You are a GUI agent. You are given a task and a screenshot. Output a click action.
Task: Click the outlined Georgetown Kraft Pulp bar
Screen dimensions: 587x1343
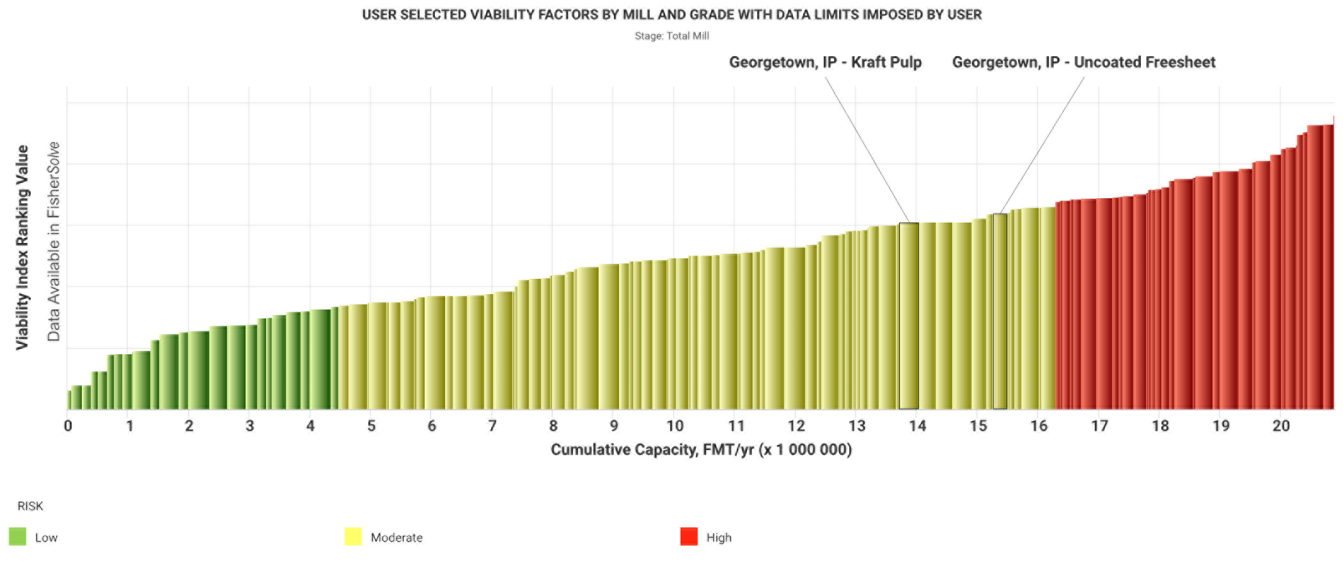point(909,316)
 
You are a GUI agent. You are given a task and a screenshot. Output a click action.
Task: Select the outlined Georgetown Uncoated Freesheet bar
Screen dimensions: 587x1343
point(1000,311)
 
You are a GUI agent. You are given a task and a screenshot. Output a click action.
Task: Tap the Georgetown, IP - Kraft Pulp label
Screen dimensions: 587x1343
point(825,62)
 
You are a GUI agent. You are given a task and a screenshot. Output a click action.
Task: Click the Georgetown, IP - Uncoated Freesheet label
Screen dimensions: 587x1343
point(1083,62)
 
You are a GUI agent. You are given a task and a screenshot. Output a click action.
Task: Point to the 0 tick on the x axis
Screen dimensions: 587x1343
point(68,426)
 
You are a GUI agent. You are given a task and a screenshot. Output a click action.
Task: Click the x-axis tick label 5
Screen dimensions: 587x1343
point(372,426)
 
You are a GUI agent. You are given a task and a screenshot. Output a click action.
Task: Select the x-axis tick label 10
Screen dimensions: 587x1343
point(675,426)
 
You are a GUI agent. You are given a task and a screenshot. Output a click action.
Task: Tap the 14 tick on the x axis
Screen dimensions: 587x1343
point(917,426)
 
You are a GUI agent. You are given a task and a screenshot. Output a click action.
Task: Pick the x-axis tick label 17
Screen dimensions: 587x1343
point(1099,426)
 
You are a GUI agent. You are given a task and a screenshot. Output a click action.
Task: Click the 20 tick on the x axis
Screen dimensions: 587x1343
point(1281,426)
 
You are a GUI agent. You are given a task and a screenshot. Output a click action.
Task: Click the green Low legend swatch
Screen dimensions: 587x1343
point(18,536)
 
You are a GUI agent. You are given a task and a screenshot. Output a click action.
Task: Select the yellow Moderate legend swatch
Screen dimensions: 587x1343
point(353,536)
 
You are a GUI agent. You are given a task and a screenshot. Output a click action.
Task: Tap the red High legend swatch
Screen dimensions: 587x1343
point(689,536)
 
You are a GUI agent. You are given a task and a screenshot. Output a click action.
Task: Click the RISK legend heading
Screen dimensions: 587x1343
point(30,506)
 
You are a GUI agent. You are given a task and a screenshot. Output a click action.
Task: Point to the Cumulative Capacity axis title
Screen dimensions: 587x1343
point(701,450)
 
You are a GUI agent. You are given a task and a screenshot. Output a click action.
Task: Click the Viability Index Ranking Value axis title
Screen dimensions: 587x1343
point(22,247)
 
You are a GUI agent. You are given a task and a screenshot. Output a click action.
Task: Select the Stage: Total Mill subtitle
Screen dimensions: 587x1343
point(671,36)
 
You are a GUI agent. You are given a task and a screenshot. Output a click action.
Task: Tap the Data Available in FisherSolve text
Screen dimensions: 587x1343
point(54,242)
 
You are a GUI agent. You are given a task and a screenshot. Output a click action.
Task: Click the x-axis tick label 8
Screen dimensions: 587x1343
point(553,426)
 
